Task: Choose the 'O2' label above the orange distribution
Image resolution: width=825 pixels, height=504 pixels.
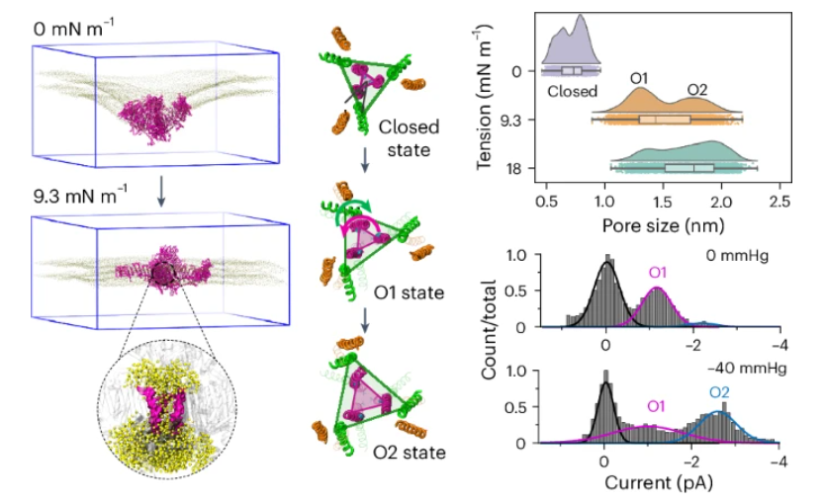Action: [x=696, y=90]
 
